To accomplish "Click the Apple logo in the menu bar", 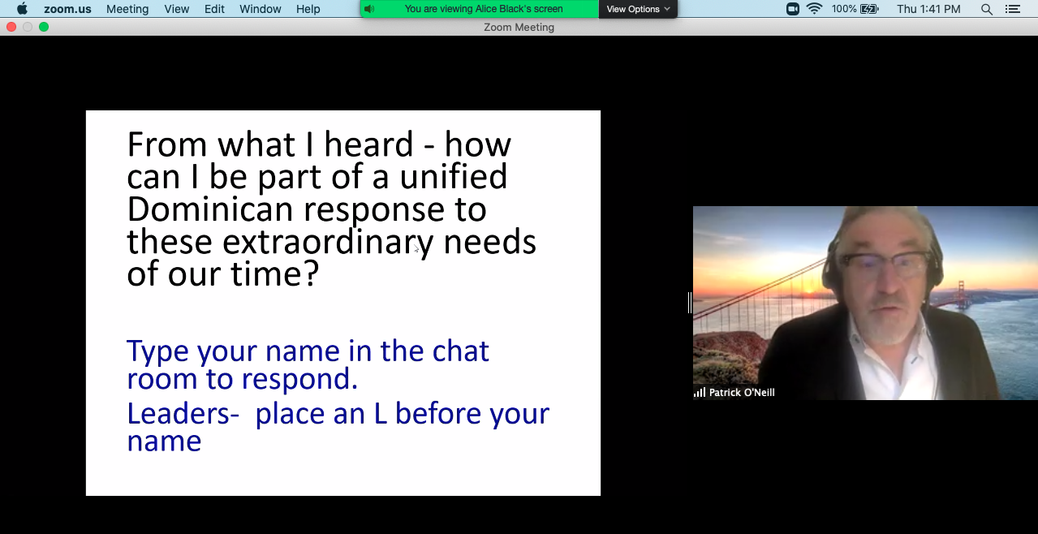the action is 22,9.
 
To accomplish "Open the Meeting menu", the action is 127,9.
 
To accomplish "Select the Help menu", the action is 308,9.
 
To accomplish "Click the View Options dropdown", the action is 638,9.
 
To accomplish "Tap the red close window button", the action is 11,27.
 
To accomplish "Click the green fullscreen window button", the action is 44,27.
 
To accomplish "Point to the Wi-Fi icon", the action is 814,9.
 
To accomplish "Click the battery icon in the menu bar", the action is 869,9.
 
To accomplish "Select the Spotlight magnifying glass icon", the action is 987,9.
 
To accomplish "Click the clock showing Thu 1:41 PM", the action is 928,9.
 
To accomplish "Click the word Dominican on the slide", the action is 210,209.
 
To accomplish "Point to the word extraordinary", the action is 328,243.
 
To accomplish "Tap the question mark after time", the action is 312,273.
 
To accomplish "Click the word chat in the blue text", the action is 461,351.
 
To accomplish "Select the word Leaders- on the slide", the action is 183,413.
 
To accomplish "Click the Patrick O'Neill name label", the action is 742,393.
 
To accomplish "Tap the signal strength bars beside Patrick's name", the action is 700,393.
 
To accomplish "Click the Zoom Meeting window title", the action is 519,28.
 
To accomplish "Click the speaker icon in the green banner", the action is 369,9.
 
